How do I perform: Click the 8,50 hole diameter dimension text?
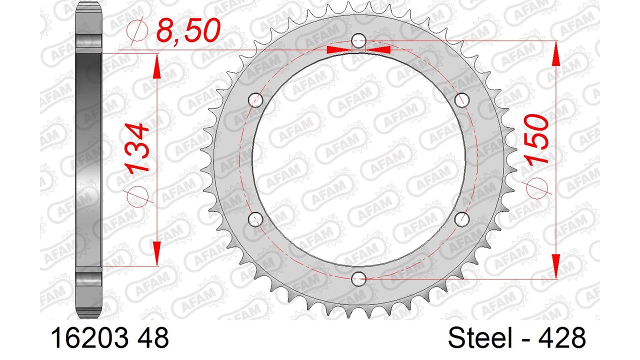[x=188, y=29]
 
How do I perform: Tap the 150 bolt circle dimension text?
[x=536, y=139]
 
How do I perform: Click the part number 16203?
[x=89, y=337]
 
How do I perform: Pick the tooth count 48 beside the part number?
[x=153, y=337]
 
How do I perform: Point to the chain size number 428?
[x=562, y=337]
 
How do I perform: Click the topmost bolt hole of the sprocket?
[x=358, y=41]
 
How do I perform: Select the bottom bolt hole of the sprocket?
[x=358, y=279]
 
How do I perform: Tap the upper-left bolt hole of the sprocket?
[x=255, y=100]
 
